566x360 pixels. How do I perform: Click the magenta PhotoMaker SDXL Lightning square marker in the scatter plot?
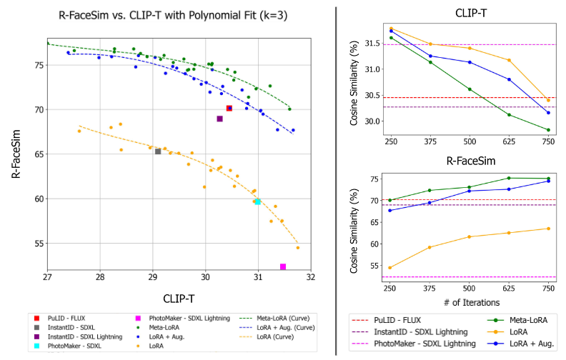[283, 266]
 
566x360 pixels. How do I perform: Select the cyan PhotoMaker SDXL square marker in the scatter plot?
[258, 202]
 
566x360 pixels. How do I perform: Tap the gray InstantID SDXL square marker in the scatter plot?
[158, 151]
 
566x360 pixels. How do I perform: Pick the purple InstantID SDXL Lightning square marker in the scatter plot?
[219, 119]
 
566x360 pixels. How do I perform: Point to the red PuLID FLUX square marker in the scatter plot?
[229, 108]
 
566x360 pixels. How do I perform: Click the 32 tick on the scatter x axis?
[309, 276]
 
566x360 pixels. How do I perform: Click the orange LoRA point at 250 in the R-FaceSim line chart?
[390, 268]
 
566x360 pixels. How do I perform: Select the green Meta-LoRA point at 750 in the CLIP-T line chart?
[548, 130]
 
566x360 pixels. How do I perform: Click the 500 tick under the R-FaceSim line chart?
[470, 288]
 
